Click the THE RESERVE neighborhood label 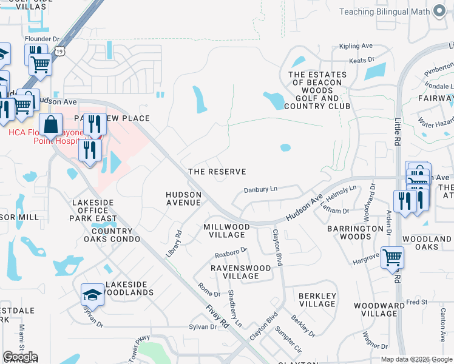(x=217, y=172)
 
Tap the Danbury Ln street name (x=260, y=189)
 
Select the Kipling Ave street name (x=355, y=46)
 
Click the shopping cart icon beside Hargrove (x=392, y=257)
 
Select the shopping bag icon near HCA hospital (x=51, y=124)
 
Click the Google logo (x=20, y=357)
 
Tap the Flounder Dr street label (x=42, y=39)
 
